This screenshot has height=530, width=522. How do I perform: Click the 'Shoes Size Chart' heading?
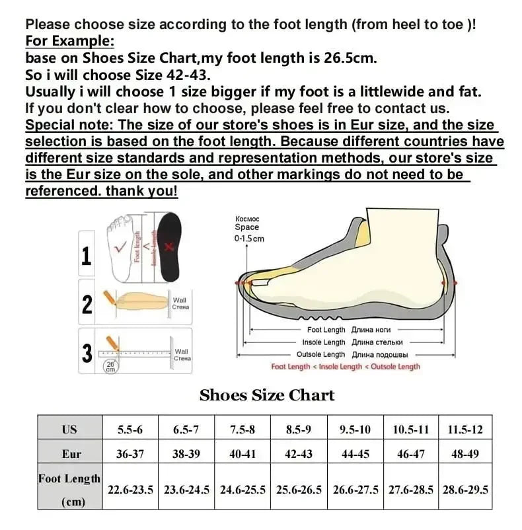click(267, 395)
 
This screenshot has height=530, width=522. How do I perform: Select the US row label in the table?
click(69, 430)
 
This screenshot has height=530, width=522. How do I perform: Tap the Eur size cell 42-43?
click(299, 454)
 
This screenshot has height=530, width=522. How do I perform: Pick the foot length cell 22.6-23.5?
click(131, 490)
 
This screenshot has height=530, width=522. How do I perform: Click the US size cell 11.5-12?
click(465, 430)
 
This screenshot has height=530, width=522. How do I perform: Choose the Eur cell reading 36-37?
click(130, 454)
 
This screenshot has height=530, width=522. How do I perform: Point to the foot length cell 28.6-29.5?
click(465, 490)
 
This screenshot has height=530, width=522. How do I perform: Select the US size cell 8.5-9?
click(299, 430)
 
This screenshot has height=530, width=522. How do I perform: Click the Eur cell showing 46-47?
click(410, 454)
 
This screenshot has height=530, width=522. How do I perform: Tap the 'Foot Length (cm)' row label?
click(69, 490)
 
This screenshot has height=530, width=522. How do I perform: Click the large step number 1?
click(87, 254)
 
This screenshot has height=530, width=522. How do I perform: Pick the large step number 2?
click(87, 304)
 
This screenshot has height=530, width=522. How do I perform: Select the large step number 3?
click(87, 352)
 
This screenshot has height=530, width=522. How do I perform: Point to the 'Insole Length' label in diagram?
click(324, 342)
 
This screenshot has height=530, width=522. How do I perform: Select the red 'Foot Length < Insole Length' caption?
click(345, 367)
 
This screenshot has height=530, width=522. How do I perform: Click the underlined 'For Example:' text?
click(69, 41)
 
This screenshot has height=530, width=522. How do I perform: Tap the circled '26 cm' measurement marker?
click(110, 366)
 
